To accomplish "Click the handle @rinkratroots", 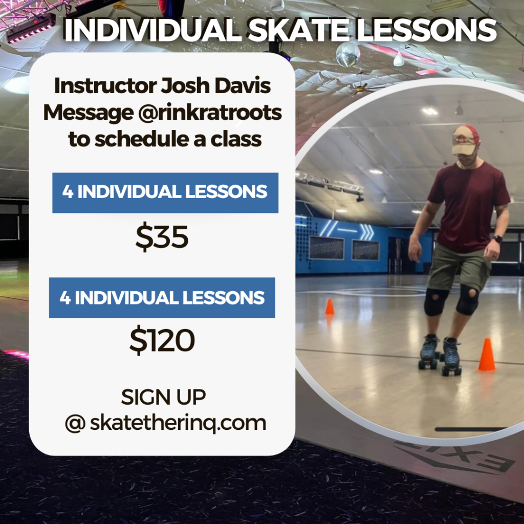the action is [210, 113].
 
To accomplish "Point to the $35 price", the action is [162, 236].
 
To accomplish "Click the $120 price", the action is [162, 340].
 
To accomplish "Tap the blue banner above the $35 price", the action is [165, 193].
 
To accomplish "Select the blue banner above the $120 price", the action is [162, 297].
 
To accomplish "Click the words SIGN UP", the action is [163, 397].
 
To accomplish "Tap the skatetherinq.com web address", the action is [178, 423].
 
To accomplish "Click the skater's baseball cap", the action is [465, 140].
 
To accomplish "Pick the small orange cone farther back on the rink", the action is [330, 307].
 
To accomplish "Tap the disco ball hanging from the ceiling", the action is [348, 54].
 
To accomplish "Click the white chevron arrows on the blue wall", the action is [367, 231].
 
